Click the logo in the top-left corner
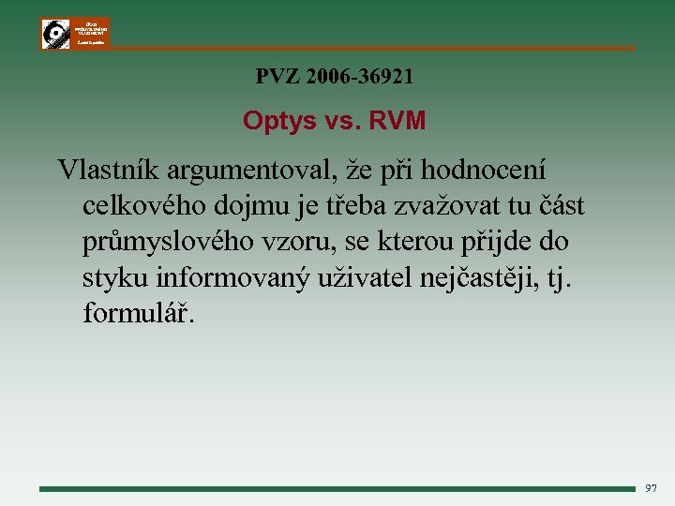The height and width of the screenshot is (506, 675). (x=75, y=33)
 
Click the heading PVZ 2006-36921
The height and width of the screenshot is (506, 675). (x=334, y=77)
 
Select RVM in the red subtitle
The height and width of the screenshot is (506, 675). (x=398, y=121)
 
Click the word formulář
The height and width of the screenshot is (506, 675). (x=139, y=313)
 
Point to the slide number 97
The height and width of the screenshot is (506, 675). (x=652, y=488)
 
